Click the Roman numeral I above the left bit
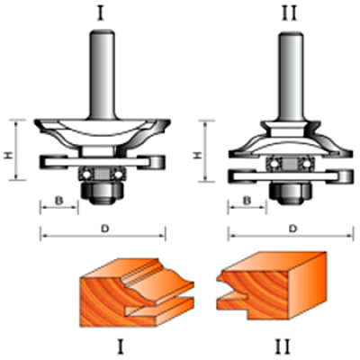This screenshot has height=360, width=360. click(x=101, y=13)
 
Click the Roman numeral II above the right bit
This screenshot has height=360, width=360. click(x=289, y=13)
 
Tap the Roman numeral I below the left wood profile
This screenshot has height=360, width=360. click(x=120, y=346)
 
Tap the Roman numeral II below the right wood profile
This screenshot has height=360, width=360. click(x=283, y=346)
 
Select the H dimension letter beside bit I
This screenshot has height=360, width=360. click(x=8, y=155)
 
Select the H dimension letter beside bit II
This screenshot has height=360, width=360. click(x=196, y=155)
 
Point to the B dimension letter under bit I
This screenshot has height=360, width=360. click(x=59, y=201)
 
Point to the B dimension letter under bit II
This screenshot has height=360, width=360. click(x=247, y=201)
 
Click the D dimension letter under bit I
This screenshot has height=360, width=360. click(x=104, y=229)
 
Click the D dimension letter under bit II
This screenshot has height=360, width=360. click(x=292, y=229)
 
